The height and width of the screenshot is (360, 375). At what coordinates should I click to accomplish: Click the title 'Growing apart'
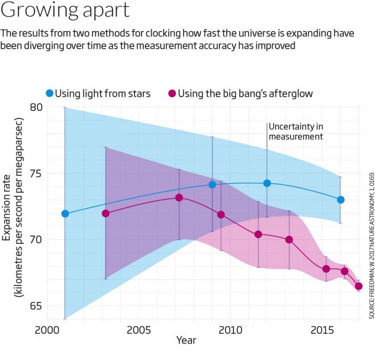65,11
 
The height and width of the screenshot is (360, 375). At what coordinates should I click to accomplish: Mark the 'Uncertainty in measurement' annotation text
295,132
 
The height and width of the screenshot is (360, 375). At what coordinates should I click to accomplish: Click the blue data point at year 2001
65,214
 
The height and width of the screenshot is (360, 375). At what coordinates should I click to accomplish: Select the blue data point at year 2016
340,200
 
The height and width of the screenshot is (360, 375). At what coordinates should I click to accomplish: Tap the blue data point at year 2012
267,183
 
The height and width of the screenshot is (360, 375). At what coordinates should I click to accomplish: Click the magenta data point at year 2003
105,213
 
